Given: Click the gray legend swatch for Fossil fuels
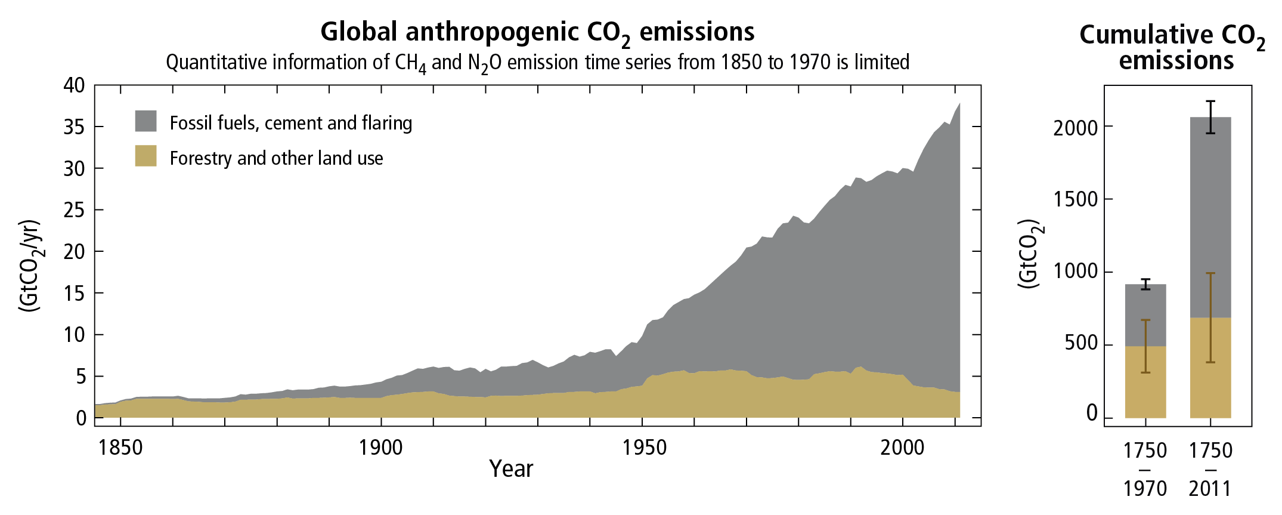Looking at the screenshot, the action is point(145,121).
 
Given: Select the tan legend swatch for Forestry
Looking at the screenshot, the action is point(145,156).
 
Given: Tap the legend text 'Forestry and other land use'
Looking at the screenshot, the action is point(276,158).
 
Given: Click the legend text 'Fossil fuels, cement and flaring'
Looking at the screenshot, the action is point(291,123).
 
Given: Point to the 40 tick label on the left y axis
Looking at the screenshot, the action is point(75,85).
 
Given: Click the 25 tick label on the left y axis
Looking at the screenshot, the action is point(75,210).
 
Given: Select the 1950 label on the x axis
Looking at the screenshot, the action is point(645,447).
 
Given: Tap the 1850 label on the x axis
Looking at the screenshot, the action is point(120,447).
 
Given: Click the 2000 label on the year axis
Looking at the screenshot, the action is point(902,447).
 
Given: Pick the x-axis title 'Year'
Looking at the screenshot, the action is point(511,469).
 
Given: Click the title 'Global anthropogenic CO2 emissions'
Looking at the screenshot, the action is point(537,33).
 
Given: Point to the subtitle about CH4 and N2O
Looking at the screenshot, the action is point(537,63).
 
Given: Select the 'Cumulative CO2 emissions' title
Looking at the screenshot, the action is point(1172,48).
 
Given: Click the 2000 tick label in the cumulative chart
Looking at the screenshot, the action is point(1075,128).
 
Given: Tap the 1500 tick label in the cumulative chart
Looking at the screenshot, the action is point(1075,199).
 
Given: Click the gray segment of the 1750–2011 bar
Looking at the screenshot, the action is point(1210,217).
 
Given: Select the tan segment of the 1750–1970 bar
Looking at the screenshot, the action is point(1145,382).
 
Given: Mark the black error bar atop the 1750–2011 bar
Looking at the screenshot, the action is point(1210,117).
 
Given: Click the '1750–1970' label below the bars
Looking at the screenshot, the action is point(1145,469).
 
